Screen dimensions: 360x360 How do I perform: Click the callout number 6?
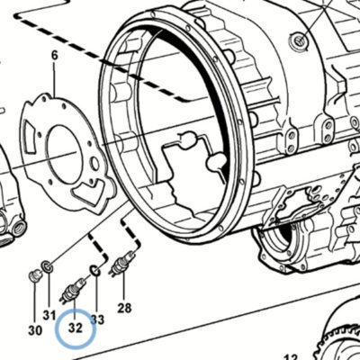click(x=54, y=56)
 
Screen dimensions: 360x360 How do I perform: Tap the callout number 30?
click(x=35, y=330)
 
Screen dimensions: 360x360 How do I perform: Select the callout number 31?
click(x=49, y=315)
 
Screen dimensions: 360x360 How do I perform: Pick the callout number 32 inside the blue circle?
click(x=76, y=328)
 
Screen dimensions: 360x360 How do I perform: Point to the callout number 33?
click(x=97, y=319)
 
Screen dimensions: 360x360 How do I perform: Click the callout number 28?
click(x=124, y=308)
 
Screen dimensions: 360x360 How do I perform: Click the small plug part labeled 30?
click(x=35, y=275)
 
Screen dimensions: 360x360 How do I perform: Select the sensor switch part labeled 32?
click(x=73, y=290)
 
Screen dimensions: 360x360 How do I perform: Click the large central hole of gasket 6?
click(x=64, y=155)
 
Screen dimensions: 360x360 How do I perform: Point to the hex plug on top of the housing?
click(x=300, y=40)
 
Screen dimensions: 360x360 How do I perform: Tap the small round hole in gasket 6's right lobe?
click(x=95, y=164)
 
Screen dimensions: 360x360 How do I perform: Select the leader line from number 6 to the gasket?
click(x=54, y=80)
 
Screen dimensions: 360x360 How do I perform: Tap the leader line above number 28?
click(x=123, y=289)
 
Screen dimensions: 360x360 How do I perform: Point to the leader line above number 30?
click(x=35, y=303)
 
